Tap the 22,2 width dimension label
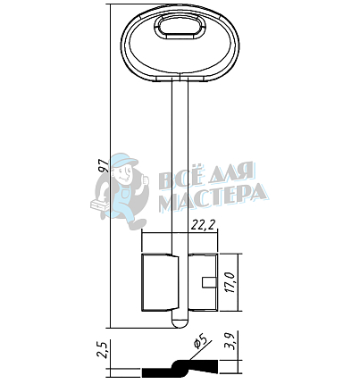click(203, 226)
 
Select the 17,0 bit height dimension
click(231, 282)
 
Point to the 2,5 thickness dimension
click(103, 349)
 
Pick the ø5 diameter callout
click(200, 341)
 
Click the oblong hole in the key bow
click(180, 28)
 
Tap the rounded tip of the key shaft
click(180, 322)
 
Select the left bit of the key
click(160, 282)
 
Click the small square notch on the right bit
click(209, 282)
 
